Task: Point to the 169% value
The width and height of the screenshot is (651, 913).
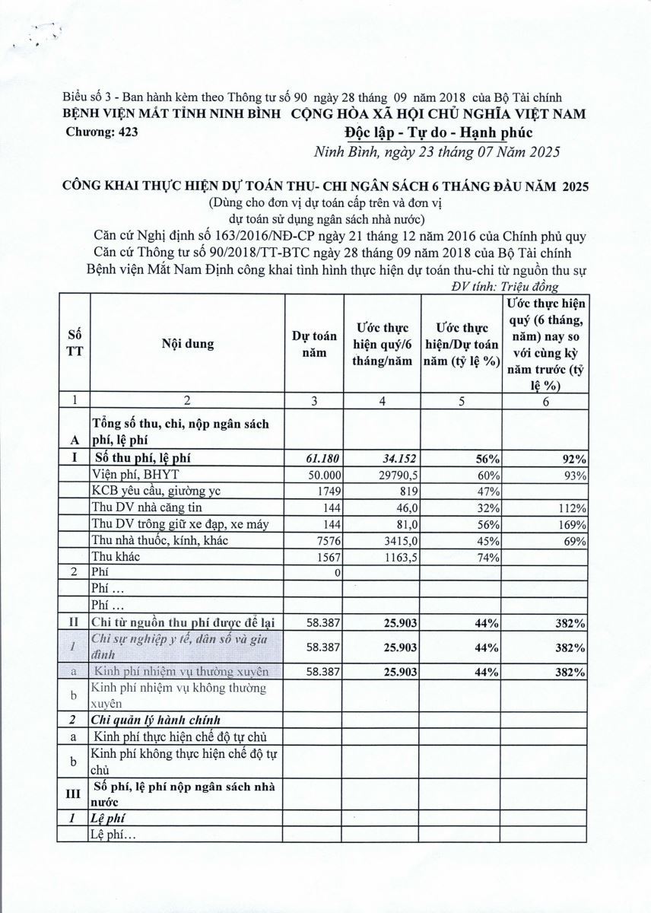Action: (x=571, y=524)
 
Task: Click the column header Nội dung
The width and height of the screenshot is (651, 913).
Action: (x=187, y=343)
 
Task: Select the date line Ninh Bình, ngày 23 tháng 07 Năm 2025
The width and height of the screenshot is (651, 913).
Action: (x=437, y=151)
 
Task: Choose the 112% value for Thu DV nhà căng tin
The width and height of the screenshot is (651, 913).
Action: (x=571, y=507)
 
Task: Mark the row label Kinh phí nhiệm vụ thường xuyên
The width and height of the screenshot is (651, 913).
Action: (x=181, y=671)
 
